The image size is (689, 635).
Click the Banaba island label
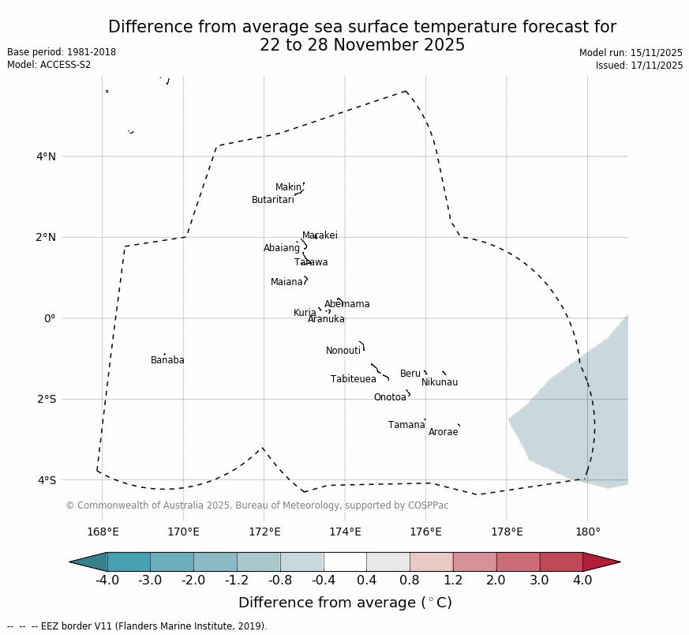[x=167, y=361]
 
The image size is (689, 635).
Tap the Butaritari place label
[x=272, y=201]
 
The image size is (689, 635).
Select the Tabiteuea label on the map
[x=353, y=380]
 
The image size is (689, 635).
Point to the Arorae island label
[x=443, y=433]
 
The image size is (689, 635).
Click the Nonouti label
[x=343, y=351]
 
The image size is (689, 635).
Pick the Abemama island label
[x=346, y=305]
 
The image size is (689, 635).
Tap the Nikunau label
[x=439, y=383]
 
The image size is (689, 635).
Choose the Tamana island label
[x=406, y=426]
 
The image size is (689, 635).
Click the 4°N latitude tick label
[x=46, y=156]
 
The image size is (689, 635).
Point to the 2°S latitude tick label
[x=46, y=400]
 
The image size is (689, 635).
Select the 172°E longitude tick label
[x=264, y=532]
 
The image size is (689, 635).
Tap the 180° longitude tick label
[x=587, y=532]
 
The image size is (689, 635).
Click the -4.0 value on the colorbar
[x=107, y=581]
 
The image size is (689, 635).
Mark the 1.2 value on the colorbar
[x=453, y=581]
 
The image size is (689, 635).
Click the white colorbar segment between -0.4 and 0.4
[x=345, y=562]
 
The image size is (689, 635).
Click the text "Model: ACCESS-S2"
[x=49, y=65]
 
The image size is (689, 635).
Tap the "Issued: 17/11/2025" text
[x=639, y=66]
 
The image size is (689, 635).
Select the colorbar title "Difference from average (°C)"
[x=345, y=603]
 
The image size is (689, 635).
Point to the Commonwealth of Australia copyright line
[x=257, y=505]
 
